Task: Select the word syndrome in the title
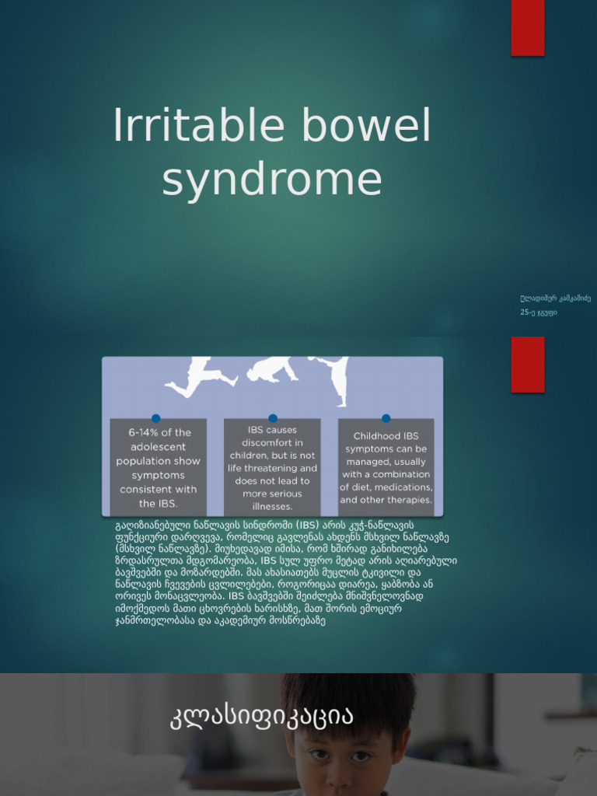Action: click(x=272, y=180)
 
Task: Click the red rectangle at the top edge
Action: click(x=527, y=28)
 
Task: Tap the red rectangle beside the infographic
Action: click(x=527, y=364)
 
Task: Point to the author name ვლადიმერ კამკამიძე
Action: click(x=555, y=298)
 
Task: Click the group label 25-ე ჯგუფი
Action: click(x=538, y=312)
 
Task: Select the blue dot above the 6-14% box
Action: click(x=156, y=418)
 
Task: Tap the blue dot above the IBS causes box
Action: click(x=273, y=418)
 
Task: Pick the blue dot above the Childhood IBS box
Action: click(x=386, y=418)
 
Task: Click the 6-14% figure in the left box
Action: click(x=134, y=433)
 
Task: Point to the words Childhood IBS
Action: click(x=386, y=436)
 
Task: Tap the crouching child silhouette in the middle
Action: click(x=271, y=371)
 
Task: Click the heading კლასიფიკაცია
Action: click(x=261, y=717)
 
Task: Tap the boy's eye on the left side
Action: click(x=319, y=755)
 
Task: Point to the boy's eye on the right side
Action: click(x=361, y=756)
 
